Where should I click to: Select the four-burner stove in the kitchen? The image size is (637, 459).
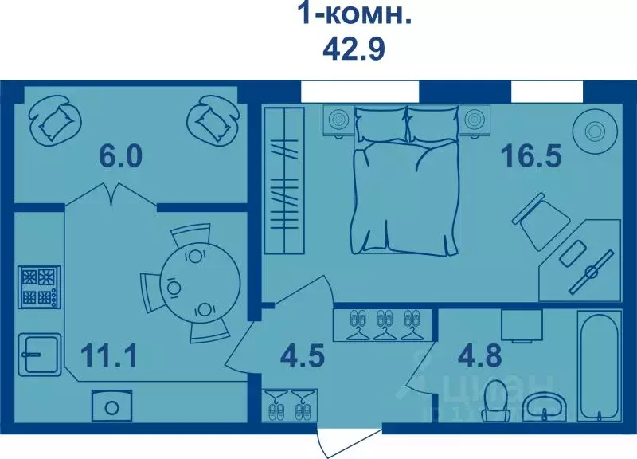(39, 288)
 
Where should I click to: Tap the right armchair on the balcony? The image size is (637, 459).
(213, 119)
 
